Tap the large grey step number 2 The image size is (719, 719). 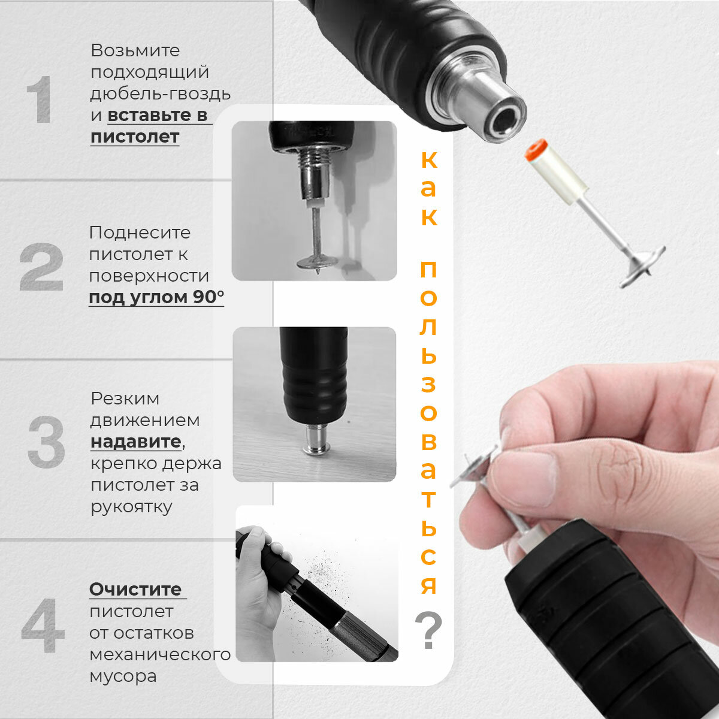41,267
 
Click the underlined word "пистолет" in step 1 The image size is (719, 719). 135,137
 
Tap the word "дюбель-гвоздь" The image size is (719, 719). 161,93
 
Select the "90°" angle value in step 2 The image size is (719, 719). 209,297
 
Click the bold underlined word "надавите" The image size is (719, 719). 136,442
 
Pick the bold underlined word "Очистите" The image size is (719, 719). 135,590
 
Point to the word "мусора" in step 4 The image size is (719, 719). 123,676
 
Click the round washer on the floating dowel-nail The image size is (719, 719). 642,266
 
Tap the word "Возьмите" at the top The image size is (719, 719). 135,50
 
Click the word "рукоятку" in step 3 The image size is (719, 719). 131,507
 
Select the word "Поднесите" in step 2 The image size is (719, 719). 140,233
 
